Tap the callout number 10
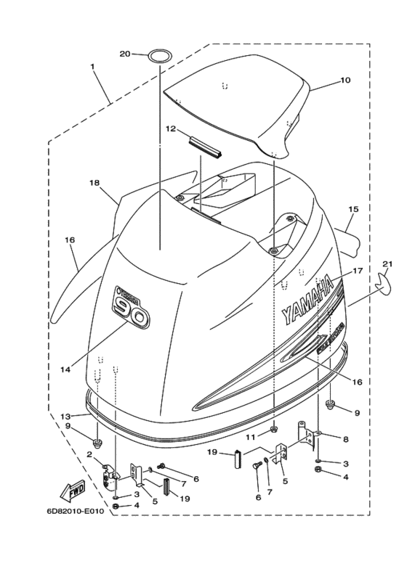point(345,81)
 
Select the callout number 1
point(92,66)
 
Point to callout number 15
point(353,209)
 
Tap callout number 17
point(358,271)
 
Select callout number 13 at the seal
point(65,416)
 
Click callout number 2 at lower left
point(89,454)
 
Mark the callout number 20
point(124,54)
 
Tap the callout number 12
point(171,129)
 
